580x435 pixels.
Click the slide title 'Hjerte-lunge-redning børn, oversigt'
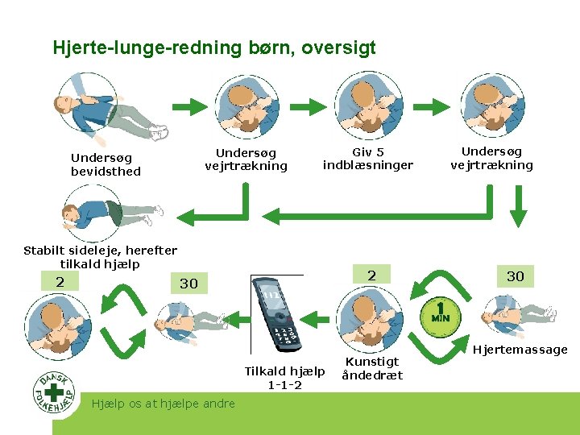(x=214, y=48)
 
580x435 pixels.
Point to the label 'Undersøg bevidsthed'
(x=106, y=164)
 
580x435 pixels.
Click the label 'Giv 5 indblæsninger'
(x=367, y=159)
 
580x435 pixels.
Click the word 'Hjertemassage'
(x=520, y=350)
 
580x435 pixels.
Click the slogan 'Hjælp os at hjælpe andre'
(x=164, y=404)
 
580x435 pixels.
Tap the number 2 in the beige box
(x=60, y=282)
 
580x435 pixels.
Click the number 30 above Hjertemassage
(x=515, y=276)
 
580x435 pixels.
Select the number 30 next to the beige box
(x=188, y=284)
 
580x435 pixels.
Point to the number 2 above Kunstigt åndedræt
(x=371, y=275)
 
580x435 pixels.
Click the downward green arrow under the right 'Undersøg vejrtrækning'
(x=519, y=211)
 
